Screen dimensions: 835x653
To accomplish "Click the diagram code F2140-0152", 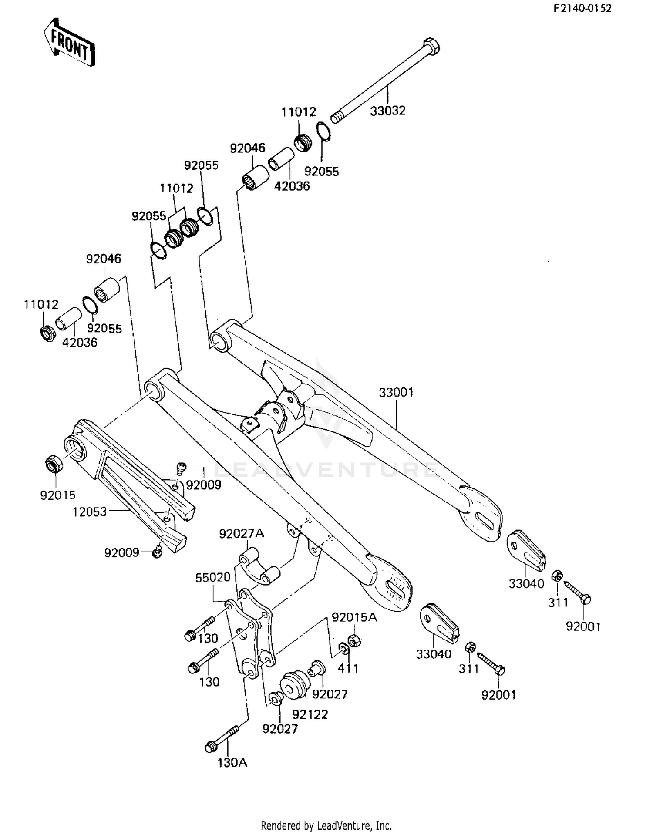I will coord(582,8).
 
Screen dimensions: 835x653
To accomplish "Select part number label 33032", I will coord(387,111).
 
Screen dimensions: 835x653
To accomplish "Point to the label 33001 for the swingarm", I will coord(396,392).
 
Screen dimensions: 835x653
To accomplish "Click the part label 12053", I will coord(89,512).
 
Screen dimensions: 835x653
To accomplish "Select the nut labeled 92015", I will coord(54,465).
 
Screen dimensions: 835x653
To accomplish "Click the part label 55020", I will coord(212,578).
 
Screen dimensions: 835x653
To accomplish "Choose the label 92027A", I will coord(241,533).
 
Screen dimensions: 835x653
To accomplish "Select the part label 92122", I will coord(310,714).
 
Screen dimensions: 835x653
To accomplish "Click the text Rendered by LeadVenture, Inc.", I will coord(326,825).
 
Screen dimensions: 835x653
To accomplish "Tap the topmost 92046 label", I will coord(247,148).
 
